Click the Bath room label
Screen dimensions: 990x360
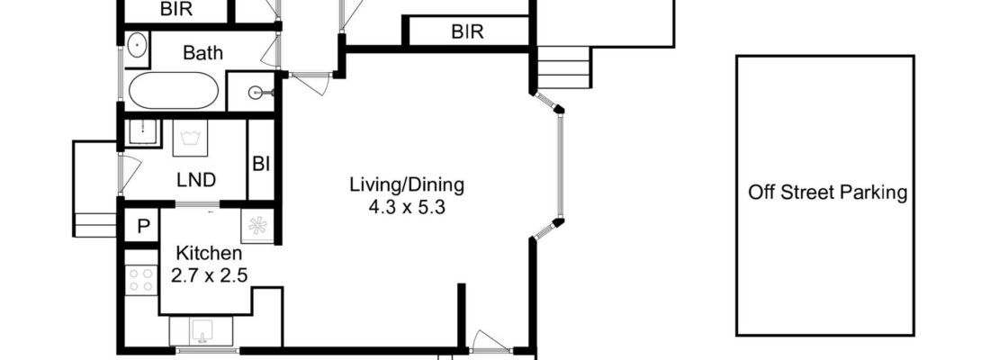202,52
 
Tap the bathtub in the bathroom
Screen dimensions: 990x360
174,90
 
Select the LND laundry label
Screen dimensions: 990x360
195,180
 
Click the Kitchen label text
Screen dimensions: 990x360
209,254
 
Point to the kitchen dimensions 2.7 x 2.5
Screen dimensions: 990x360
209,276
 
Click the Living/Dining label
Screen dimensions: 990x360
407,185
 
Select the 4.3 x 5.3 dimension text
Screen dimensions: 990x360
407,206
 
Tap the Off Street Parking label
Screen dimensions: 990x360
827,193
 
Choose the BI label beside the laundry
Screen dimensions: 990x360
261,164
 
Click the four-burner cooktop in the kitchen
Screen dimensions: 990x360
141,281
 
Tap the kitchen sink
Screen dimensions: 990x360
201,331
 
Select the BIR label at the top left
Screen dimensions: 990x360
176,10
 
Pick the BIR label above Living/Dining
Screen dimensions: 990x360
467,31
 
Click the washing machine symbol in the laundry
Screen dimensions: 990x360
190,139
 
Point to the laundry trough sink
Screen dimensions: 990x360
143,132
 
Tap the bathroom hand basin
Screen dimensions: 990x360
137,45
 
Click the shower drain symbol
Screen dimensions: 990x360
256,94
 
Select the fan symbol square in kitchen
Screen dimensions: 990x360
257,226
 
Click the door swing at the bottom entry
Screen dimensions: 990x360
490,341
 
